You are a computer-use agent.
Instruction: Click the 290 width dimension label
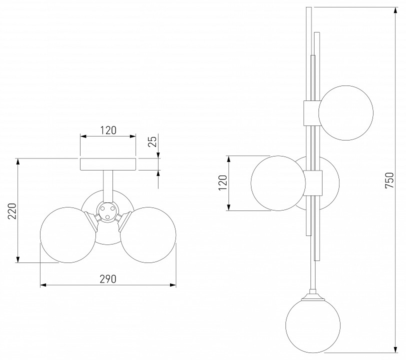108,278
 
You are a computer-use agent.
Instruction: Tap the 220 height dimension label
12,211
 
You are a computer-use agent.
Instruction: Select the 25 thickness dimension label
153,141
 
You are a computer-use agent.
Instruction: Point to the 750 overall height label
389,180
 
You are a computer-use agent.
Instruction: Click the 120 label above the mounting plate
108,130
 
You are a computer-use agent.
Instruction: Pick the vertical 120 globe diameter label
222,183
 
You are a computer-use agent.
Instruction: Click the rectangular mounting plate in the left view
108,164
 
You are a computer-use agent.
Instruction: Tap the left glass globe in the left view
68,235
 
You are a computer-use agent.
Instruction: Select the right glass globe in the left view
148,235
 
